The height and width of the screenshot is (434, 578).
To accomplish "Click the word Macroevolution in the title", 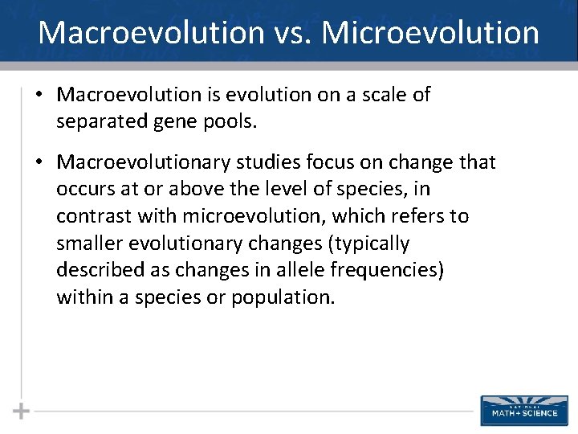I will [x=151, y=33].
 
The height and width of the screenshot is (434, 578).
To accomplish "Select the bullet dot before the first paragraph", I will [x=39, y=95].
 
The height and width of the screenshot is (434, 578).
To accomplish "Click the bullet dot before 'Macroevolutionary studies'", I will [x=39, y=162].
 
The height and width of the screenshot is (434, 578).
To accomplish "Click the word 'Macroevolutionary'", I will [x=143, y=162].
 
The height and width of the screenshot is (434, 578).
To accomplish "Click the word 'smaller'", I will [x=88, y=244].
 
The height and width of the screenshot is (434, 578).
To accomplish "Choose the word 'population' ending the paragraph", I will [x=280, y=297].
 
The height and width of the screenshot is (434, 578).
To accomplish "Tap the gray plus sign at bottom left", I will [x=21, y=411].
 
